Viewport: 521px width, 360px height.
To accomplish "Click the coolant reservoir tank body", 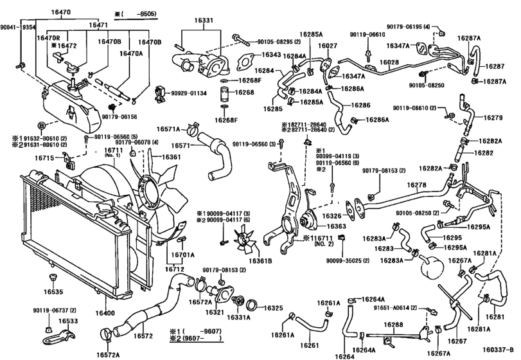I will [64, 102].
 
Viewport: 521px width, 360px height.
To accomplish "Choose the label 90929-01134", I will [189, 93].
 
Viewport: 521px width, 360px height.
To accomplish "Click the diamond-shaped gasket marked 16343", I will [245, 63].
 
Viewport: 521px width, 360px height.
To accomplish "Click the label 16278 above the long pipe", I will [416, 185].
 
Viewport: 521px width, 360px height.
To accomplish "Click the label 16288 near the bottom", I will [396, 325].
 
